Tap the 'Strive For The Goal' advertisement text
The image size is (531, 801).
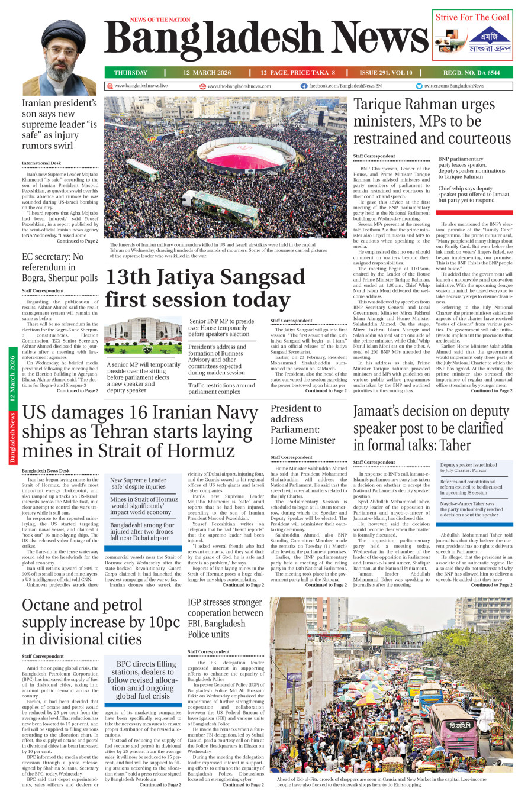tap(472, 17)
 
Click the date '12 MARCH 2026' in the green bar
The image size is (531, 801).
tap(207, 73)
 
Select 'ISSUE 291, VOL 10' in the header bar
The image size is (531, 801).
tap(385, 73)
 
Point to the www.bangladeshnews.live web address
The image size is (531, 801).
tap(140, 86)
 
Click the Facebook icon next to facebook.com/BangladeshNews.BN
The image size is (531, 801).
tap(304, 86)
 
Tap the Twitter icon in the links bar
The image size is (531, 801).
tap(419, 86)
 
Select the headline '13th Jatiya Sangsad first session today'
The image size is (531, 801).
tap(205, 288)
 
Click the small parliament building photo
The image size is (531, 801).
tap(143, 336)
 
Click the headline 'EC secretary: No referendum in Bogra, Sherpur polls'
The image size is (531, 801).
tap(60, 267)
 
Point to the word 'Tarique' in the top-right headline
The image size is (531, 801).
tap(381, 105)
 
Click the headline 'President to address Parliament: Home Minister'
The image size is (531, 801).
tap(302, 424)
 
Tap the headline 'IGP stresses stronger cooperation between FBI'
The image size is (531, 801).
tap(224, 618)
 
